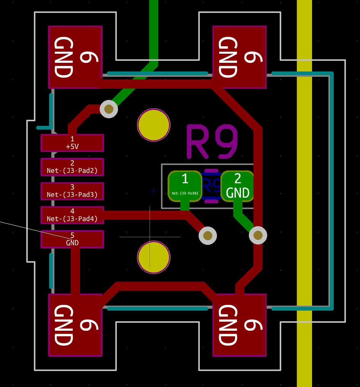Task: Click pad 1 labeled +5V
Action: click(x=72, y=143)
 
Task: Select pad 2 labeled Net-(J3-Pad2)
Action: click(x=72, y=167)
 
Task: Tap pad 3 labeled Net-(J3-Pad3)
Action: click(x=72, y=191)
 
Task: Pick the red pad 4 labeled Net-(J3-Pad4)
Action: click(x=72, y=215)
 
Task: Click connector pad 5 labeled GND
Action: click(x=72, y=239)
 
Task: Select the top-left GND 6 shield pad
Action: click(x=75, y=57)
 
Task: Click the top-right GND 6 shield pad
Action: click(x=239, y=57)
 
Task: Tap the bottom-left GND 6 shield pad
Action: click(x=75, y=325)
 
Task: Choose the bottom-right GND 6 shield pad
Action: click(x=239, y=325)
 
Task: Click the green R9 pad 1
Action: click(x=185, y=186)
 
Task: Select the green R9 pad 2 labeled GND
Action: click(x=237, y=186)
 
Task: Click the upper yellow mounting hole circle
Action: click(x=154, y=125)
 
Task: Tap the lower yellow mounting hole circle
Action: click(x=154, y=257)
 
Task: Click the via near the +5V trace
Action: click(x=109, y=109)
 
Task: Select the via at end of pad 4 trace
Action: click(x=208, y=236)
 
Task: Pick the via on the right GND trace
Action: click(x=258, y=235)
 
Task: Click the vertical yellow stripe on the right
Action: click(x=304, y=190)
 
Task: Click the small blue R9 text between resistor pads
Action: click(x=212, y=186)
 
